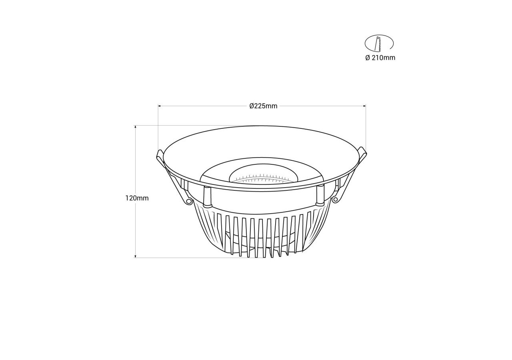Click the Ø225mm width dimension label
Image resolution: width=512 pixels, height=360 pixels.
point(263,106)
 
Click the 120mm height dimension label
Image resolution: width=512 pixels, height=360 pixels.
point(137,198)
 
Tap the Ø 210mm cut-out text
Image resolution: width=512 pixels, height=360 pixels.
point(380,58)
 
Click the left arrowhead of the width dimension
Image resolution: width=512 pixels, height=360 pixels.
point(160,106)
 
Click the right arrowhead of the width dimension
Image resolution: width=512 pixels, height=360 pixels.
point(364,106)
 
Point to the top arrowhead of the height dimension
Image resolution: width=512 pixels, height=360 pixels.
point(136,127)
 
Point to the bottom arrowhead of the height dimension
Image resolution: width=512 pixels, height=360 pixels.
point(136,256)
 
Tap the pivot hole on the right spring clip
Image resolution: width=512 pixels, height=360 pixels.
point(335,199)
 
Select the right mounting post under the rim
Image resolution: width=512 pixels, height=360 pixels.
point(320,195)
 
